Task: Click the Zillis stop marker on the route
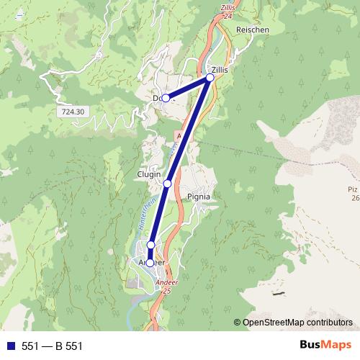[210, 77]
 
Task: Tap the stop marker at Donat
[166, 98]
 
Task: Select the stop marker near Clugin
[167, 184]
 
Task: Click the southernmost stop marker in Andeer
[150, 263]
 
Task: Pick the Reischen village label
[252, 30]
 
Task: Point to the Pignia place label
[198, 195]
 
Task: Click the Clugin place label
[149, 174]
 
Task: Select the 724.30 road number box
[73, 112]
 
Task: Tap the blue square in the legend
[10, 346]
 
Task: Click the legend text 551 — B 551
[53, 346]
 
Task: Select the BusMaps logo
[322, 346]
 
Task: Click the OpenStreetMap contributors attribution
[297, 323]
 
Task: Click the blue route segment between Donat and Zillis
[188, 88]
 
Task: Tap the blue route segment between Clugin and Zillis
[189, 130]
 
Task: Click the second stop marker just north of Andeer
[150, 246]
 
